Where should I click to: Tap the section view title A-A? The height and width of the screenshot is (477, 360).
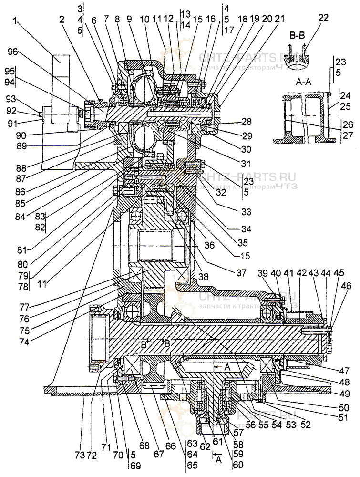305,82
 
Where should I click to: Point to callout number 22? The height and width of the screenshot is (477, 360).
323,17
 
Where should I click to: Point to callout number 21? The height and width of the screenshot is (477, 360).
279,19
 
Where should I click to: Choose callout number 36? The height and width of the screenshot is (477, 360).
208,245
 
